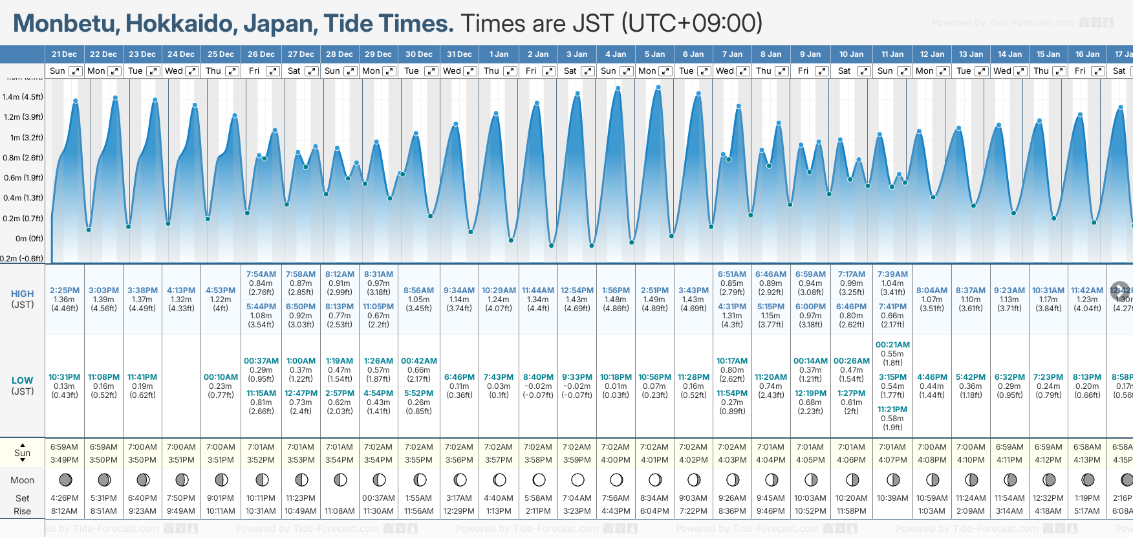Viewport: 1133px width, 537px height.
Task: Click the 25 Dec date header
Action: pyautogui.click(x=221, y=54)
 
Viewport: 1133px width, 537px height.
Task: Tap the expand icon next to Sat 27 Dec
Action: pyautogui.click(x=312, y=71)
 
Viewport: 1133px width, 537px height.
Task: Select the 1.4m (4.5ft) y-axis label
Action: pyautogui.click(x=23, y=97)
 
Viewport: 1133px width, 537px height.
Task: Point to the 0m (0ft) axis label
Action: pyautogui.click(x=29, y=239)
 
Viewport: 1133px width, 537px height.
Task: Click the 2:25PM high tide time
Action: pyautogui.click(x=65, y=290)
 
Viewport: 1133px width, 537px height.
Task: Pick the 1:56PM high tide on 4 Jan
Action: pyautogui.click(x=615, y=290)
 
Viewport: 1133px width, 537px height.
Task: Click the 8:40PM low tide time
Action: pyautogui.click(x=538, y=377)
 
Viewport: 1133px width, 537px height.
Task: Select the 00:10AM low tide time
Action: pyautogui.click(x=221, y=377)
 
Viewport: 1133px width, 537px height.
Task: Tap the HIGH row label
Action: pyautogui.click(x=22, y=294)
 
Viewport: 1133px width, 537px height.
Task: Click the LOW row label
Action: pyautogui.click(x=22, y=380)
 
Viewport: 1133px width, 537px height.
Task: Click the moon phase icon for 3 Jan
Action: pyautogui.click(x=577, y=480)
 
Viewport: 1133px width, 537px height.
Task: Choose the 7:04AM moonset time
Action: pyautogui.click(x=577, y=498)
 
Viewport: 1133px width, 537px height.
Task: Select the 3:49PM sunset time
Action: pyautogui.click(x=65, y=460)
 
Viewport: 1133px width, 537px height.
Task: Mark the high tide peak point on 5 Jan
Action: pyautogui.click(x=658, y=87)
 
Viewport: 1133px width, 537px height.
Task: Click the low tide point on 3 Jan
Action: pyautogui.click(x=592, y=246)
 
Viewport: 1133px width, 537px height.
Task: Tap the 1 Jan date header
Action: pyautogui.click(x=499, y=54)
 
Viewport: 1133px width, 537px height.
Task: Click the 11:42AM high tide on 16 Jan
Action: pyautogui.click(x=1087, y=290)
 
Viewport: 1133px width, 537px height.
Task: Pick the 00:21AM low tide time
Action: pyautogui.click(x=892, y=345)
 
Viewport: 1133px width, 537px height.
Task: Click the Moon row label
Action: pyautogui.click(x=22, y=480)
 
